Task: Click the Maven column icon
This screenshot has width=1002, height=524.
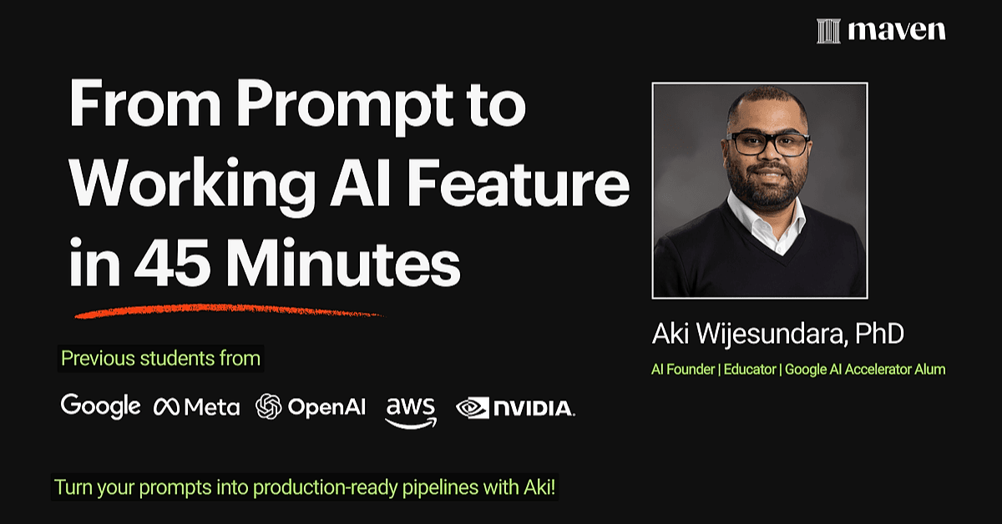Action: [828, 31]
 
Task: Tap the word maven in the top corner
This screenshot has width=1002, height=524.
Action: [897, 31]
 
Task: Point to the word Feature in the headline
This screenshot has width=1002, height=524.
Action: [518, 184]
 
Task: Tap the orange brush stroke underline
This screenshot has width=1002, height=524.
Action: [229, 310]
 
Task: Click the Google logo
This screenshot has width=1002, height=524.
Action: [101, 406]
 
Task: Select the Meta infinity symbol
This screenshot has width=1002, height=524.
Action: [166, 407]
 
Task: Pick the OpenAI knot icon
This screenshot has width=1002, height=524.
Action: [268, 406]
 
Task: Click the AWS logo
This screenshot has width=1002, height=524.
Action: [411, 412]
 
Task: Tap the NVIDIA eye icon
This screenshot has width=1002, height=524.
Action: [473, 408]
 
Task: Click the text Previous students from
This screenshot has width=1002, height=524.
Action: [160, 359]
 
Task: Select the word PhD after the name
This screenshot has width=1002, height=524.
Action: [879, 334]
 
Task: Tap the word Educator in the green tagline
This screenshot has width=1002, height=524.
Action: [750, 370]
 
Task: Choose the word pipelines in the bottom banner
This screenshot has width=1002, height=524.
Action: [441, 488]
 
